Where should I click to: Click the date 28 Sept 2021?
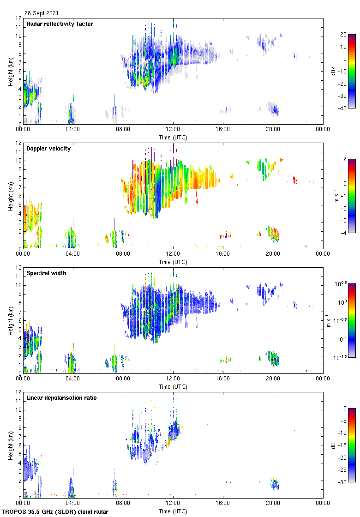point(42,13)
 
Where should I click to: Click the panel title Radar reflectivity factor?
point(60,24)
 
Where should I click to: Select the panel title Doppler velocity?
point(48,149)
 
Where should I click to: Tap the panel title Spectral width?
point(46,273)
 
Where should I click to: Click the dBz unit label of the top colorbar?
point(333,72)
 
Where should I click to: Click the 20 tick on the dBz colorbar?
point(343,35)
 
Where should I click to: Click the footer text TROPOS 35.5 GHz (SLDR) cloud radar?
point(55,512)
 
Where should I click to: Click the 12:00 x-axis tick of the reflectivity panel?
point(173,130)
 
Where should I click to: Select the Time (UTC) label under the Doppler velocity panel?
point(173,262)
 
